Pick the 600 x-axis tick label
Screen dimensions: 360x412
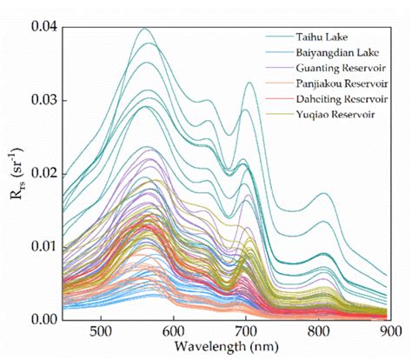pos(174,331)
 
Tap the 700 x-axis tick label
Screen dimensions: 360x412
pos(246,331)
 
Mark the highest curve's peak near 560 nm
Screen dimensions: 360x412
pos(144,29)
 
